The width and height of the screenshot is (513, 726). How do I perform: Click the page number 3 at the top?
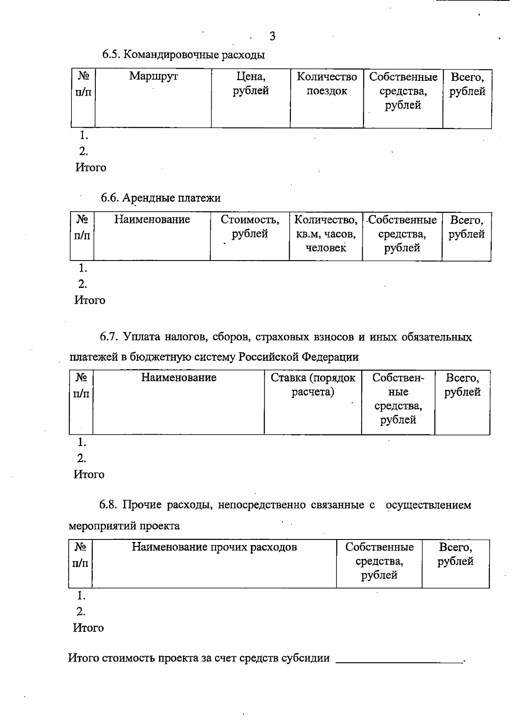272,36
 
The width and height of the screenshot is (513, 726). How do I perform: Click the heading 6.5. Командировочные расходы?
183,55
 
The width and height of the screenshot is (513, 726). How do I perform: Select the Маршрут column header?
153,77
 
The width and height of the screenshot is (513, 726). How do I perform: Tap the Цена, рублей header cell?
251,83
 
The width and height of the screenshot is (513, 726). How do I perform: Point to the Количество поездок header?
327,83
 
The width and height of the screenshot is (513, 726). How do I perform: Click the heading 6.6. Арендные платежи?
161,198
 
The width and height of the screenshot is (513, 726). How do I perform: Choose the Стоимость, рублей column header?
250,227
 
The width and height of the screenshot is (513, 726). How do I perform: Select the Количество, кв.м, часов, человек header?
326,234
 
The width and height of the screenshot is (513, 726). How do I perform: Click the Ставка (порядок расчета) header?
313,385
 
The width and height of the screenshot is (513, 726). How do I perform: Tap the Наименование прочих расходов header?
214,547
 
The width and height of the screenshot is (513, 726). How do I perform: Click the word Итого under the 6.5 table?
91,168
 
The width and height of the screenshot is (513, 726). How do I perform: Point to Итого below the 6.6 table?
90,300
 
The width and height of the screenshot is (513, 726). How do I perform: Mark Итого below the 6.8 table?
88,628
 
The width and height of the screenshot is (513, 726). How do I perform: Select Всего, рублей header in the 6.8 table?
455,554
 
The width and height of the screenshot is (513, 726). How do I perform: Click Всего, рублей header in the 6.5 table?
467,84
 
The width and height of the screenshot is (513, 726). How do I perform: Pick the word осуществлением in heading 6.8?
428,505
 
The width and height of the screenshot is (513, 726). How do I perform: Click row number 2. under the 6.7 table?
81,459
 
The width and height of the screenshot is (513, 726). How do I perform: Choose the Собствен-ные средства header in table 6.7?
398,398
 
